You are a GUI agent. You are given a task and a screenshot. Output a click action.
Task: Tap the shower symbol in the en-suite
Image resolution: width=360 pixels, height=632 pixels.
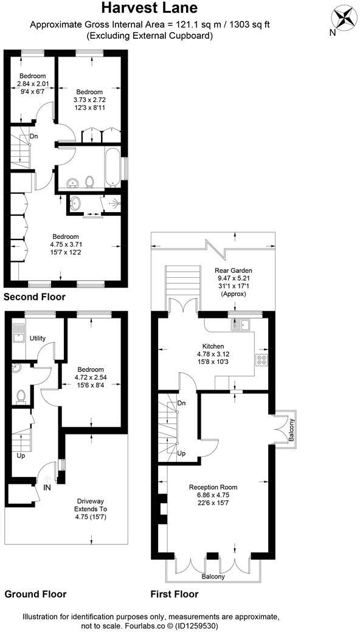111,205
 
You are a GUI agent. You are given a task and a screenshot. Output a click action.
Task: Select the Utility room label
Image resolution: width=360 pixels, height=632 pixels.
38,338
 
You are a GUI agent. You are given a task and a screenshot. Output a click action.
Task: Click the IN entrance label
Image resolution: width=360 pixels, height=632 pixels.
47,487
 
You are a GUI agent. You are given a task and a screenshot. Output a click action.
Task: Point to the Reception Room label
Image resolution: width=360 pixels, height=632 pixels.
213,487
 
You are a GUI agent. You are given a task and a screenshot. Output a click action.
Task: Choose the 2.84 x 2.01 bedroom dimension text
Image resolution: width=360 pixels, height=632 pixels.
32,84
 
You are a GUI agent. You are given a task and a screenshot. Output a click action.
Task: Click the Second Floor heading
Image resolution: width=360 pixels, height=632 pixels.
34,297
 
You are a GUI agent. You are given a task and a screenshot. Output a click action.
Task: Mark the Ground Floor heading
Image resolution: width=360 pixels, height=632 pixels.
35,594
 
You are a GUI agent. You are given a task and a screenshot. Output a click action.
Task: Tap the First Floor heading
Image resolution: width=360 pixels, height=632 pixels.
174,594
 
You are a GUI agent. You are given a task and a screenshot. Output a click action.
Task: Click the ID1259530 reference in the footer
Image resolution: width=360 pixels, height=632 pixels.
196,625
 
